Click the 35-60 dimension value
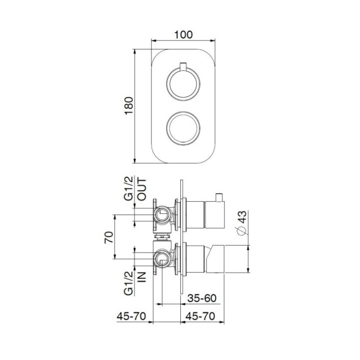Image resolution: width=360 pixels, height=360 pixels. (x=202, y=299)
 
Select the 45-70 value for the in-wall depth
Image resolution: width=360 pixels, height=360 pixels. (x=131, y=317)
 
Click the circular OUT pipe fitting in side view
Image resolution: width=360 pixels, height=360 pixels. (x=162, y=214)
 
